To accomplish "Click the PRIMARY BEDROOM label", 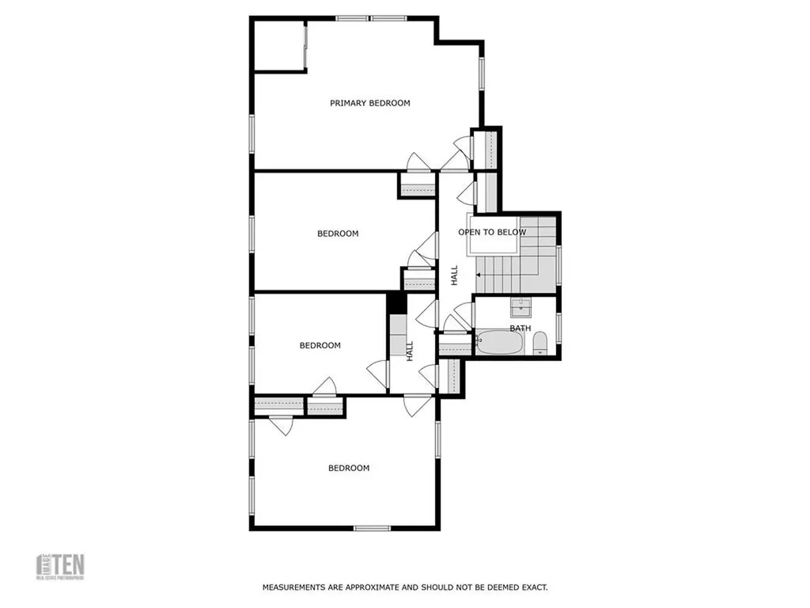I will click(369, 103).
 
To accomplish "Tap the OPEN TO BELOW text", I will click(491, 232).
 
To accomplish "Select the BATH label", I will click(520, 328).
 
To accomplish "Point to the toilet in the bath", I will click(541, 343).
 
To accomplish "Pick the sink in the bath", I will click(520, 306).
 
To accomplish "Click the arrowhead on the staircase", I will click(479, 275).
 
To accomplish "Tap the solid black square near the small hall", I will click(396, 302).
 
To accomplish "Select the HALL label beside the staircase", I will click(454, 275).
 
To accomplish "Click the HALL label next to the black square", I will click(410, 351).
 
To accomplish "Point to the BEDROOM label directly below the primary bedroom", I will click(338, 234).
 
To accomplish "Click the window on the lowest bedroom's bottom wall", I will click(372, 528).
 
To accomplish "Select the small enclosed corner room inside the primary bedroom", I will click(278, 45).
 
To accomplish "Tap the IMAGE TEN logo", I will click(61, 567).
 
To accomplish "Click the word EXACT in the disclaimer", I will click(533, 587).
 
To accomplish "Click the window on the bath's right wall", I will click(558, 326).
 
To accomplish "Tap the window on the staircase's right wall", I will click(558, 264).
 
